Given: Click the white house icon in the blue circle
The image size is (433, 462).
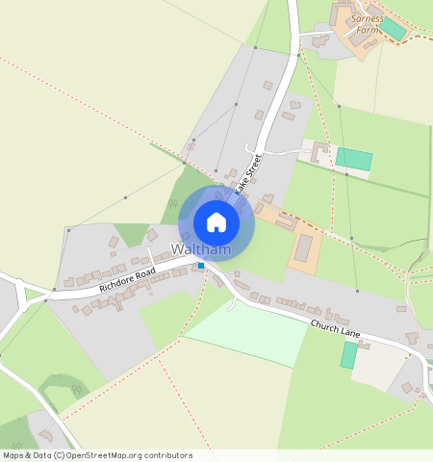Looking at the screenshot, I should point(216,222).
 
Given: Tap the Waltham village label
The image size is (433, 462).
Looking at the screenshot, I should point(201,249).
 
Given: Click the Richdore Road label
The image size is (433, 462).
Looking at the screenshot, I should point(126,281).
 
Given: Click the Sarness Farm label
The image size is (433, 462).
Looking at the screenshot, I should point(367,24).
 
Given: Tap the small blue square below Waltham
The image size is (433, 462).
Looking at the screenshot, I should point(200,266).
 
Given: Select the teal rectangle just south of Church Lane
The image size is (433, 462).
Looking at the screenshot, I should point(348,355).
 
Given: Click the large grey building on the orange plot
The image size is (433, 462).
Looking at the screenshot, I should point(304,247).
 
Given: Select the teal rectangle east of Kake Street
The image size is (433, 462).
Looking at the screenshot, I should point(353,160).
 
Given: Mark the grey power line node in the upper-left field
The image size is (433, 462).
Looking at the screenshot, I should point(125,198).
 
